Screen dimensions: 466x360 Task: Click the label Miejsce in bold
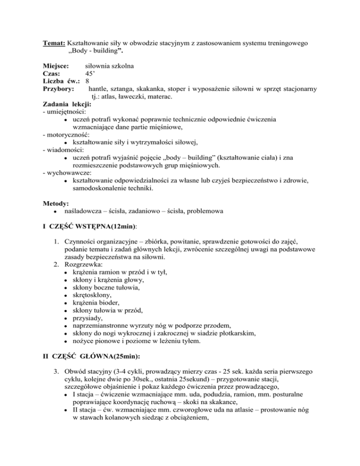56,66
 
